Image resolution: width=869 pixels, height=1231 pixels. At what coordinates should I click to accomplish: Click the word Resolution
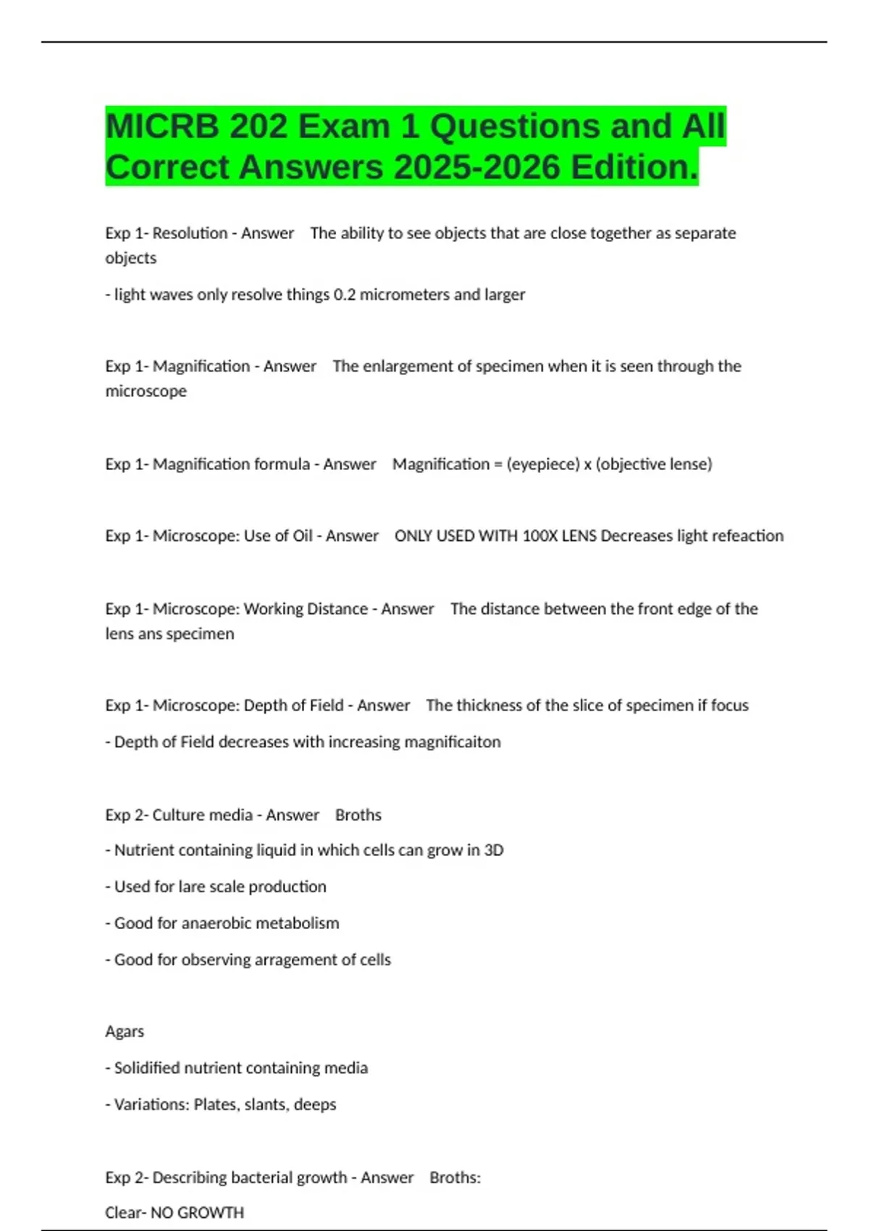[190, 233]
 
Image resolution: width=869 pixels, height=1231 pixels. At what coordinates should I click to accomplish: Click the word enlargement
[411, 366]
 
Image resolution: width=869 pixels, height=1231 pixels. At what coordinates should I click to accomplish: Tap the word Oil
[302, 536]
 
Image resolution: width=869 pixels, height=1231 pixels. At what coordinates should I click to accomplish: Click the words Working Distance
[306, 609]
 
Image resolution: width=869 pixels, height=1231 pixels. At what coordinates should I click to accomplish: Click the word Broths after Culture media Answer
[358, 815]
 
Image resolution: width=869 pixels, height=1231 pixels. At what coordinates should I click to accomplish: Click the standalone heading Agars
[125, 1031]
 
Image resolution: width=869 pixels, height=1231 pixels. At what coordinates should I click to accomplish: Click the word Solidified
[147, 1068]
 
